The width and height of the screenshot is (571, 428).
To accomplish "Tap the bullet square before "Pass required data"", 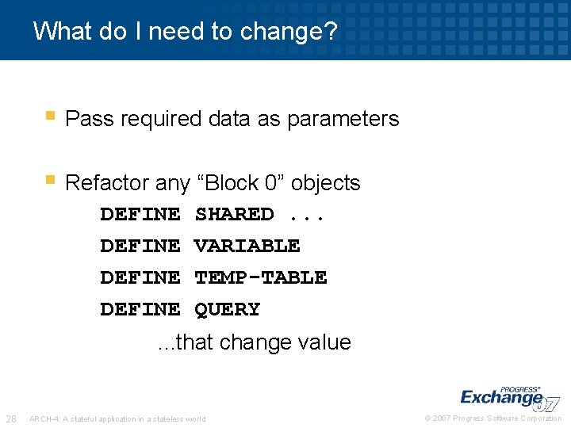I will pyautogui.click(x=50, y=117).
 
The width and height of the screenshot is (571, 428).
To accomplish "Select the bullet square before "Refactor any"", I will pyautogui.click(x=50, y=181).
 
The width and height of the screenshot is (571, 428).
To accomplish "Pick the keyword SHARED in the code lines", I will pyautogui.click(x=234, y=214).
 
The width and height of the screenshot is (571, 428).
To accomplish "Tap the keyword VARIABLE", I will pyautogui.click(x=247, y=246).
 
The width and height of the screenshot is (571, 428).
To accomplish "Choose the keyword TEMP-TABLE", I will pyautogui.click(x=260, y=277).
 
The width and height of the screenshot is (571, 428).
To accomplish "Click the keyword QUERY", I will pyautogui.click(x=227, y=309).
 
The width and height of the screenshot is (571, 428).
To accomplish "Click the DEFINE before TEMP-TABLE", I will pyautogui.click(x=140, y=277).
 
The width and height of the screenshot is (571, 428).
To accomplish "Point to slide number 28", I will pyautogui.click(x=12, y=418).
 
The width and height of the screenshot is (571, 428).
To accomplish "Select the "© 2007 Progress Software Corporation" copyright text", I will pyautogui.click(x=493, y=418).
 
